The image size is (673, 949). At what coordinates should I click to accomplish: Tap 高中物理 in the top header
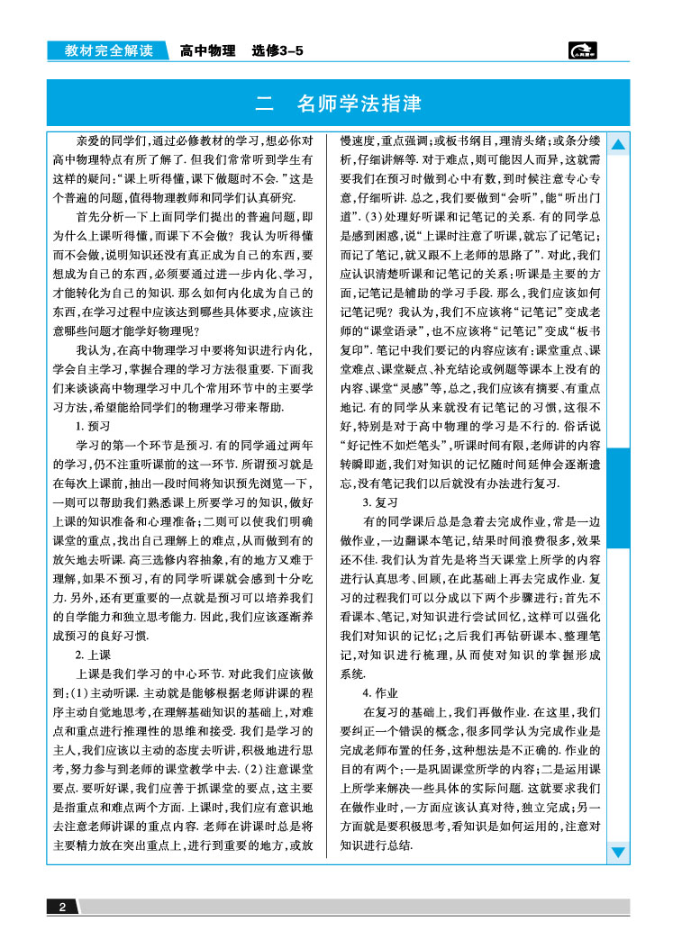[207, 51]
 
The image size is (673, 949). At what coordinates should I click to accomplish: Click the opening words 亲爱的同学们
[108, 141]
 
